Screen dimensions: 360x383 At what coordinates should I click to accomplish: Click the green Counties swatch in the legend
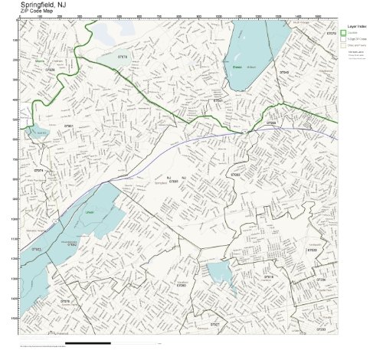click(x=344, y=33)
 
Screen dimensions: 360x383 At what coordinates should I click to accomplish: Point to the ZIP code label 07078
click(x=123, y=55)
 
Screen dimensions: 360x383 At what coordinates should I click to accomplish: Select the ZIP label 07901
click(x=68, y=126)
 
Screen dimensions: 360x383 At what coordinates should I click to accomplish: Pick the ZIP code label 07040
click(x=283, y=73)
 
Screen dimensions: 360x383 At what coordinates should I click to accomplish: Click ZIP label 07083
click(x=235, y=175)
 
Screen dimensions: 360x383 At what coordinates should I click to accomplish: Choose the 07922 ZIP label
click(x=36, y=249)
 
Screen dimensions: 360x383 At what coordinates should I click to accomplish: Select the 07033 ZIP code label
click(x=312, y=250)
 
